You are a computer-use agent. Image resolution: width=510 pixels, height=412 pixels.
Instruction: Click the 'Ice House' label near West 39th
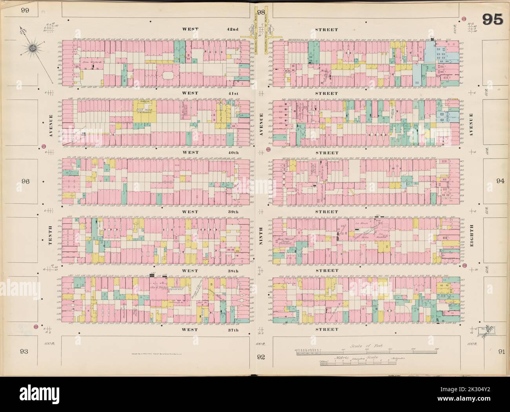(x=360, y=223)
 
